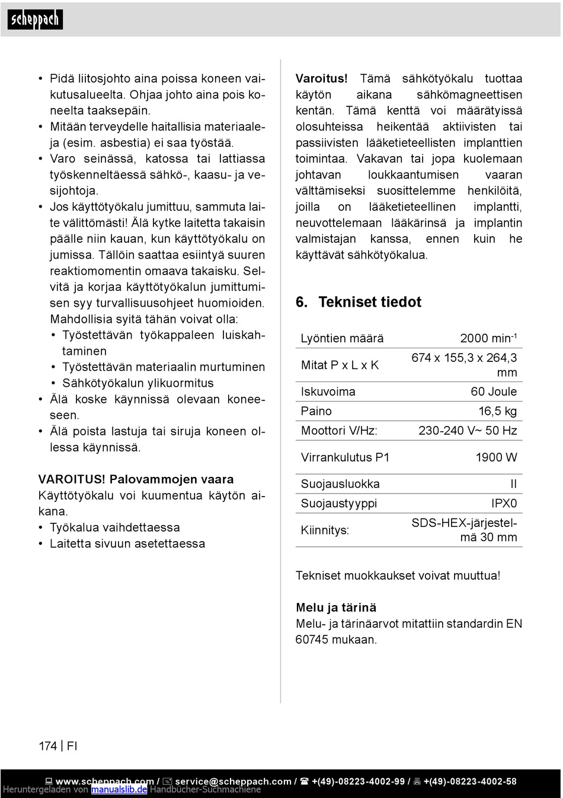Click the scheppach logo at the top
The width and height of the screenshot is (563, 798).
click(x=35, y=20)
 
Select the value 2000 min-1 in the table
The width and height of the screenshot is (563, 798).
click(x=488, y=338)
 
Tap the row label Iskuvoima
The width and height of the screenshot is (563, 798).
click(x=328, y=392)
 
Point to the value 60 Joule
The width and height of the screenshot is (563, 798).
click(x=494, y=392)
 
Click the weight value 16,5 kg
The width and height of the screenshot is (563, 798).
click(x=497, y=411)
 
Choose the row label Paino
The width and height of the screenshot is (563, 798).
click(x=316, y=411)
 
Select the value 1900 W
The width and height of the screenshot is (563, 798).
click(x=496, y=457)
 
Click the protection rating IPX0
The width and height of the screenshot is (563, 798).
click(x=504, y=504)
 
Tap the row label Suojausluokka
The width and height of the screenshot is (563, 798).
click(x=340, y=484)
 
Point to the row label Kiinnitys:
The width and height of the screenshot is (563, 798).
click(x=325, y=530)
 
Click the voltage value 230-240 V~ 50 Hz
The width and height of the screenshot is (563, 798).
click(x=468, y=431)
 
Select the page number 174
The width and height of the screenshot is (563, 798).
click(x=48, y=746)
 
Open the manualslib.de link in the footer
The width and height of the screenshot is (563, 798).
click(x=119, y=790)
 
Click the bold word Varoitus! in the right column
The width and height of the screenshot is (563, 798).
click(x=322, y=78)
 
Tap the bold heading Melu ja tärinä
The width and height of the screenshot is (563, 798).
click(x=336, y=608)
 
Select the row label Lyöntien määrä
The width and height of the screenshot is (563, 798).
click(x=342, y=338)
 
